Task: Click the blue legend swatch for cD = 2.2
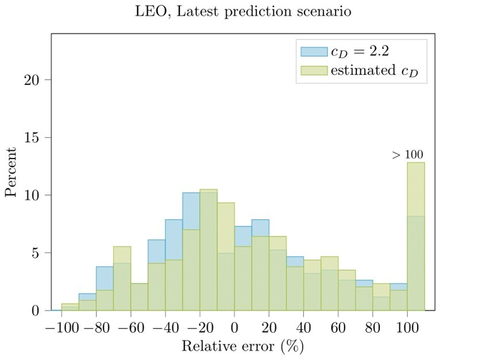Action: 314,52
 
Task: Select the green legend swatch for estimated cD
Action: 314,71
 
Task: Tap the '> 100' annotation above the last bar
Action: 407,154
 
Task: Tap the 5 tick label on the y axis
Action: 36,253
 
